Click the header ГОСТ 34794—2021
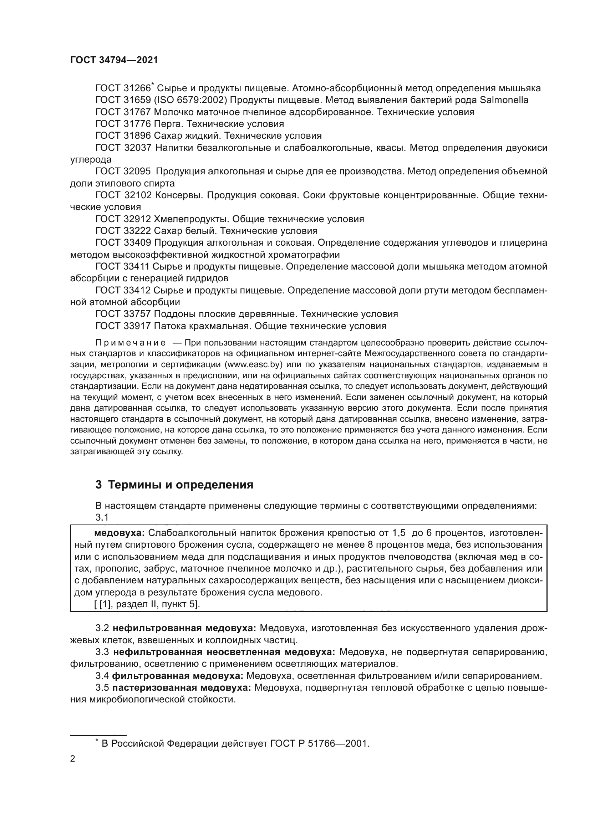coord(114,60)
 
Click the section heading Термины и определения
coord(180,485)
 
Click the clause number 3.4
coord(102,676)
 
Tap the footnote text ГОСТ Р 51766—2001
coord(320,743)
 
